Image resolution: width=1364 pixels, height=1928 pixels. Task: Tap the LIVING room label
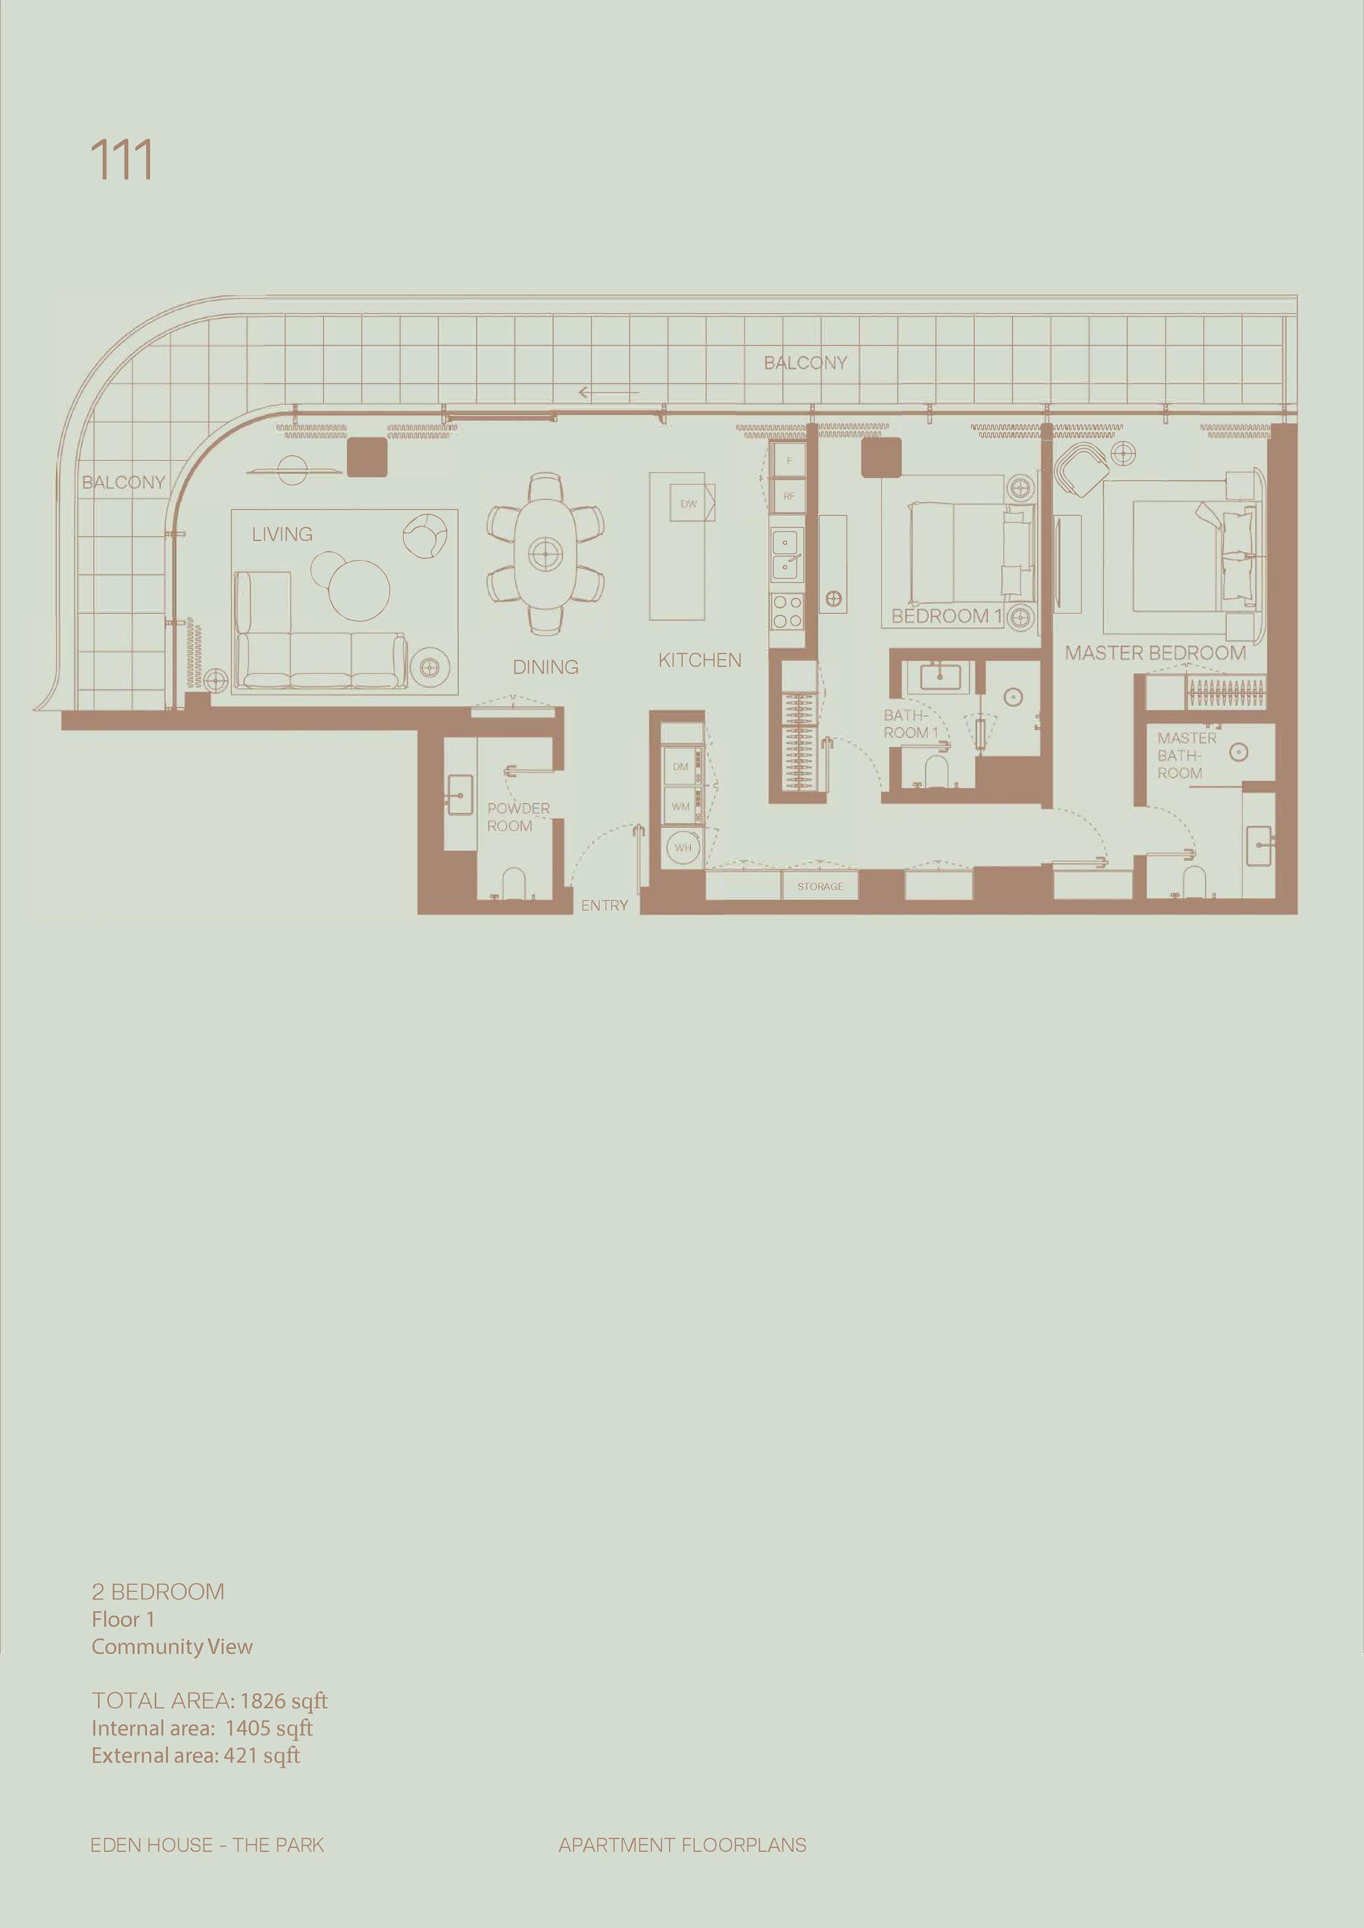point(282,534)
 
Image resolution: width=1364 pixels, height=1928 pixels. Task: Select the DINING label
point(546,668)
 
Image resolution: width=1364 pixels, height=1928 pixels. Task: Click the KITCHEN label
point(699,661)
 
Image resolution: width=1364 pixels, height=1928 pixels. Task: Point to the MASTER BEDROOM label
point(1155,653)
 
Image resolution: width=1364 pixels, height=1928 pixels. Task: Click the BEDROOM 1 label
point(947,616)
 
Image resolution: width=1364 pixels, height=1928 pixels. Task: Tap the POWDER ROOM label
point(518,817)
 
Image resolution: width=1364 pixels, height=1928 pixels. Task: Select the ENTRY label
point(605,906)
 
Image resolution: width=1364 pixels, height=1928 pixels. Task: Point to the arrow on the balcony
point(609,392)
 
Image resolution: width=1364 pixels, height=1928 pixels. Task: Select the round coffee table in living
point(358,590)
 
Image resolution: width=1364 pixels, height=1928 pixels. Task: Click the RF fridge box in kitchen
point(789,496)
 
